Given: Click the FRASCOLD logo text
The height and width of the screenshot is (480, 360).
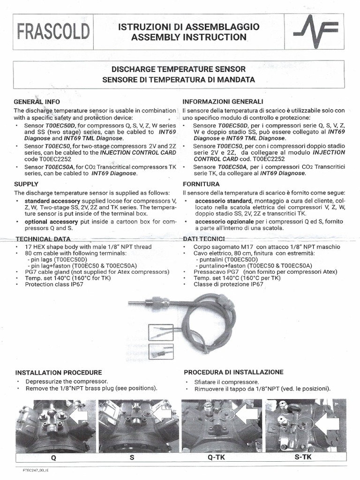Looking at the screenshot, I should (x=52, y=32).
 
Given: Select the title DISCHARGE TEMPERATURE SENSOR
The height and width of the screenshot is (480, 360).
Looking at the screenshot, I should (x=179, y=68).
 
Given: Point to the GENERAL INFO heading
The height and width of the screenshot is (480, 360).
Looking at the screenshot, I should (x=37, y=101).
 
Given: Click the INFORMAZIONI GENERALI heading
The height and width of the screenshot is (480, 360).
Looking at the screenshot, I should (x=223, y=101).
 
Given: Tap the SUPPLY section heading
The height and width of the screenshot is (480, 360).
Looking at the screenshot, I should (x=26, y=184).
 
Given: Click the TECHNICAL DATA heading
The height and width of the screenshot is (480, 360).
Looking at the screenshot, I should (x=43, y=239).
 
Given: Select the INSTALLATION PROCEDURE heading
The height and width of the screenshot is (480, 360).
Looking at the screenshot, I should (x=59, y=373).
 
